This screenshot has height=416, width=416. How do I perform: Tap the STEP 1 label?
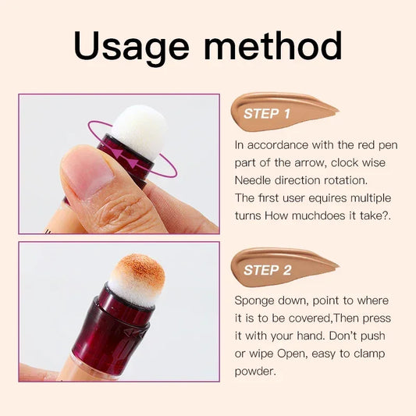pyautogui.click(x=267, y=114)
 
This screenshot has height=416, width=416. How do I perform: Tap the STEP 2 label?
pyautogui.click(x=267, y=270)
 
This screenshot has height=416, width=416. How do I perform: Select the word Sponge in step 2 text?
pyautogui.click(x=258, y=300)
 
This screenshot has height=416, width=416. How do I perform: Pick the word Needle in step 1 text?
pyautogui.click(x=255, y=180)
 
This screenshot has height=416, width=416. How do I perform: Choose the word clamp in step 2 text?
pyautogui.click(x=369, y=354)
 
